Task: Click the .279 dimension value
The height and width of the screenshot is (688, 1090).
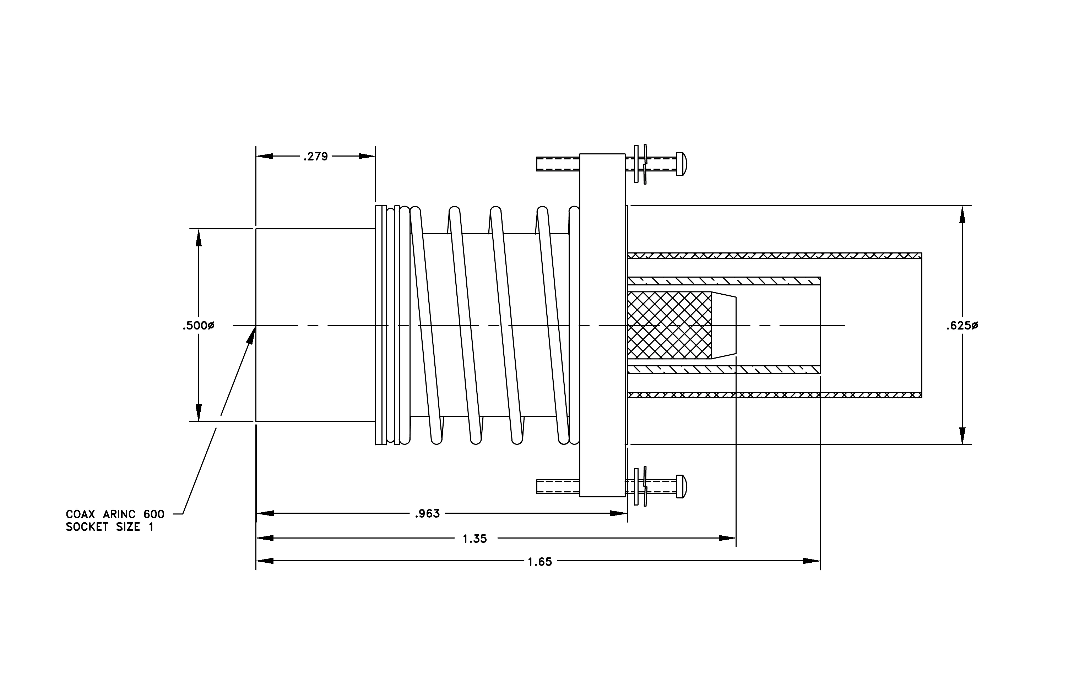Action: [x=315, y=157]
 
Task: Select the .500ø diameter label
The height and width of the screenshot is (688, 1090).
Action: [x=198, y=326]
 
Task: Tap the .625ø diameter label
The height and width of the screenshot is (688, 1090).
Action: [x=962, y=326]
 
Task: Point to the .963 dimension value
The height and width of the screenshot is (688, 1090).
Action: [x=427, y=513]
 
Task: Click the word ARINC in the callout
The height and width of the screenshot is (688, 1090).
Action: [x=119, y=514]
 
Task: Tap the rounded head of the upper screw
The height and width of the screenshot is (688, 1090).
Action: [x=682, y=164]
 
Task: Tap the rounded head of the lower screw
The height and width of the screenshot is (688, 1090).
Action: [x=682, y=486]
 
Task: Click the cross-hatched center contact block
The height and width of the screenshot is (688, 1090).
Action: [x=669, y=325]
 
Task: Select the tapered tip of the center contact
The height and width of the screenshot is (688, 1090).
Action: [x=723, y=325]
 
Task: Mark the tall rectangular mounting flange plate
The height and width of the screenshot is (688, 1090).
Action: [x=602, y=325]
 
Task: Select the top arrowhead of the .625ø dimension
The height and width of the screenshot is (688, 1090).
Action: [x=962, y=215]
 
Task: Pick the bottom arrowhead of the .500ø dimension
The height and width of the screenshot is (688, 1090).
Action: [x=198, y=413]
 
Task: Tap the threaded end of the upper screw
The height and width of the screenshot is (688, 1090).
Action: [x=558, y=164]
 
